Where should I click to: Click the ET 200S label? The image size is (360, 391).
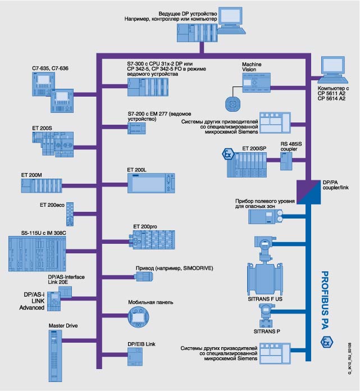[x=42, y=129]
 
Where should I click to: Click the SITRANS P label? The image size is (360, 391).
[x=267, y=332]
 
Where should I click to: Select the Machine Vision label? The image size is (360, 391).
[x=252, y=68]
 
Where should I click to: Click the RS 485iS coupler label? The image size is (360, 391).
[x=291, y=147]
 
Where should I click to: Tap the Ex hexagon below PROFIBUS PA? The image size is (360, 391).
[x=325, y=342]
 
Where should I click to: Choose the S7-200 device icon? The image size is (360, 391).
[x=137, y=128]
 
